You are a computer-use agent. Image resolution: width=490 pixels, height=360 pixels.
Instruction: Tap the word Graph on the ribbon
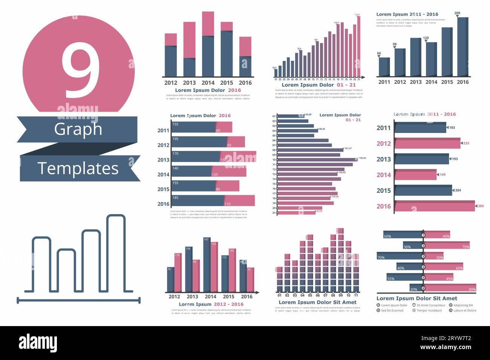(x=78, y=129)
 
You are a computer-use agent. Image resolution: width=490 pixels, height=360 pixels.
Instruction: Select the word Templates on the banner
(x=78, y=169)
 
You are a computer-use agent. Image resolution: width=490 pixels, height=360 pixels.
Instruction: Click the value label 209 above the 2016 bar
(x=457, y=13)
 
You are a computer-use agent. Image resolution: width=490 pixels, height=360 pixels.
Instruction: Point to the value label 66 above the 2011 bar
(x=379, y=54)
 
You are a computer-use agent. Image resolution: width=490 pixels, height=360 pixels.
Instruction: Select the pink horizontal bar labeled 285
(x=434, y=206)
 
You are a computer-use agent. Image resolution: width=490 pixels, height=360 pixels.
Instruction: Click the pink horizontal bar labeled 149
(x=415, y=175)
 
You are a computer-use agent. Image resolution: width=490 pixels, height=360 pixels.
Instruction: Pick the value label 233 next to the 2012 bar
(x=466, y=143)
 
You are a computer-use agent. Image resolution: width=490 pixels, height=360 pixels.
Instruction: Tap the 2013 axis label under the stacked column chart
(x=189, y=83)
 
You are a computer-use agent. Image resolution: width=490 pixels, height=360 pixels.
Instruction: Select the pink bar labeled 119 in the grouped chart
(x=177, y=273)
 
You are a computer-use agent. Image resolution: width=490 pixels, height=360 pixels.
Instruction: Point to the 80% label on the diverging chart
(x=472, y=290)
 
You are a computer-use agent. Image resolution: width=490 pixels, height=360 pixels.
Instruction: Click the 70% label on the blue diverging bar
(x=381, y=258)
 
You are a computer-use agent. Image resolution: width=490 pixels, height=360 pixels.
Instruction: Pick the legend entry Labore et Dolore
(x=464, y=311)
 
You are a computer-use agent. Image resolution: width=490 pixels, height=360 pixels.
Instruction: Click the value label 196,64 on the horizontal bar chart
(x=362, y=158)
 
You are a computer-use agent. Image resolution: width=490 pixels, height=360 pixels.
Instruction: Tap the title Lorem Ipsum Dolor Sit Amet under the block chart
(x=317, y=302)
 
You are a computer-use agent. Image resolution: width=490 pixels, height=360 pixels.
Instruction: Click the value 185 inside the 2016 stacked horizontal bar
(x=176, y=198)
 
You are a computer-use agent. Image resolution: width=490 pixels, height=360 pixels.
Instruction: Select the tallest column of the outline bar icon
(x=116, y=253)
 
